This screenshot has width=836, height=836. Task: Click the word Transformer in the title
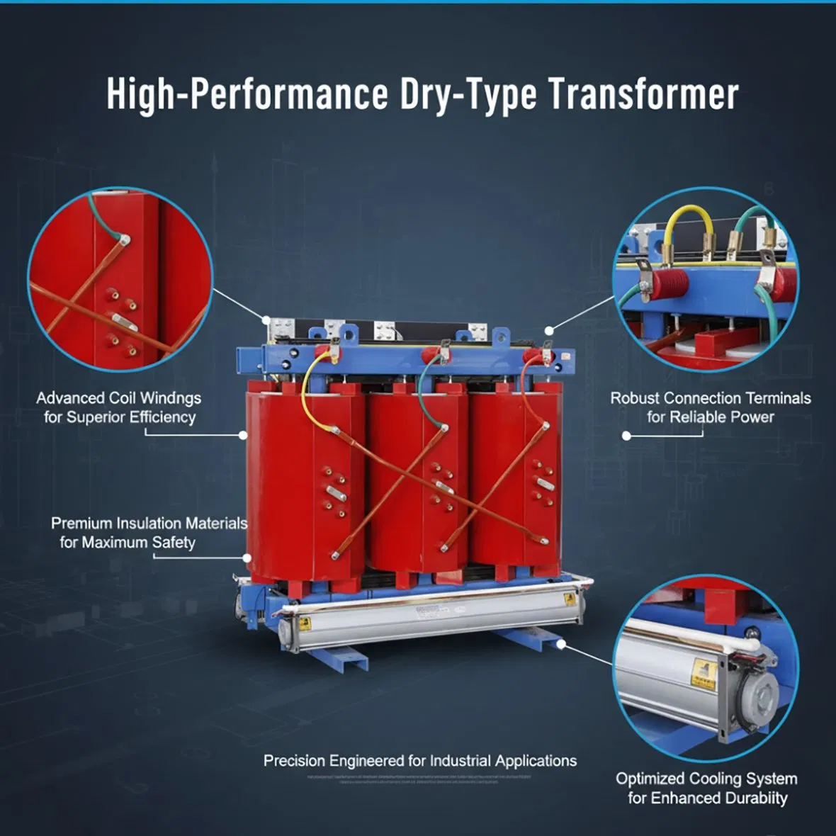pos(643,94)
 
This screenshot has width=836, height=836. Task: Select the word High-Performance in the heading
pos(247,94)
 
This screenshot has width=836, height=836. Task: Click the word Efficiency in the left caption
pos(162,417)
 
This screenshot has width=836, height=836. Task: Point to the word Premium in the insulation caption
pos(81,524)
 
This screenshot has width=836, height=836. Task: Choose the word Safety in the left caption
pos(174,543)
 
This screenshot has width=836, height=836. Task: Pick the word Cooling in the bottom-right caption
pos(717,779)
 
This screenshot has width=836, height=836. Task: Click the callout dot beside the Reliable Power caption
pos(626,436)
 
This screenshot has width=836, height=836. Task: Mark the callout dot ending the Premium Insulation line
pos(247,558)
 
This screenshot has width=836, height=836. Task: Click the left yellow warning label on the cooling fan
pos(305,623)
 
